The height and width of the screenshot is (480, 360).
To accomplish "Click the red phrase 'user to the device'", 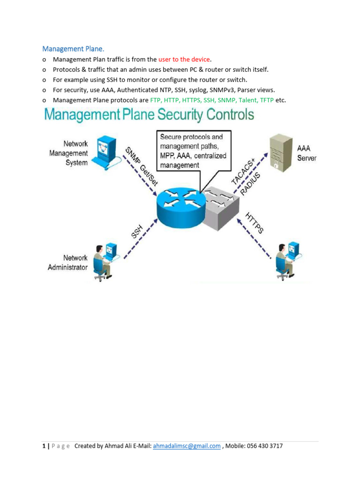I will [x=185, y=60].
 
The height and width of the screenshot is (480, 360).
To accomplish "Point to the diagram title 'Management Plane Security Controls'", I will [x=149, y=115].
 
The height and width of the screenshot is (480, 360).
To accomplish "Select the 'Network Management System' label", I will [x=69, y=153].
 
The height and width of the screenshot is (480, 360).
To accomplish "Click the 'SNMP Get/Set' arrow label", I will [x=141, y=167].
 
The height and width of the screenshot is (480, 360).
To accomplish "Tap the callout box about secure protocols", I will [x=193, y=151].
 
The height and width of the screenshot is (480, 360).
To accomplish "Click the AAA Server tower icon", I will [x=279, y=152].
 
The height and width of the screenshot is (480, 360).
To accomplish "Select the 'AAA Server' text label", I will [x=307, y=153].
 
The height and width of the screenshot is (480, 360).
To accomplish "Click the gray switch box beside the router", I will [x=220, y=206].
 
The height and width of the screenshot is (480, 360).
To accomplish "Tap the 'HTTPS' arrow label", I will [x=255, y=223].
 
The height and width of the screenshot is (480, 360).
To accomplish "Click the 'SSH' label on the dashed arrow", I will [x=137, y=231].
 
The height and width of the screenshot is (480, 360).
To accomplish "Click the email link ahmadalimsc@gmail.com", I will [x=187, y=446].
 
